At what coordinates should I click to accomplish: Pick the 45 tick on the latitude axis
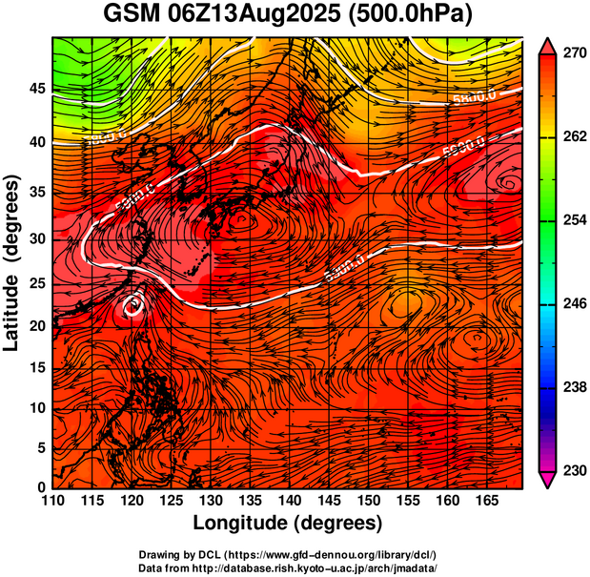(x=36, y=89)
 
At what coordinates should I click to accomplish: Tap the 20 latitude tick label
(x=36, y=325)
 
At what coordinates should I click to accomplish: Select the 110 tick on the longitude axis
(x=52, y=500)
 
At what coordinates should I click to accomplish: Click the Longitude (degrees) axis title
(x=288, y=524)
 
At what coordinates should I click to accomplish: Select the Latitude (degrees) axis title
(x=13, y=263)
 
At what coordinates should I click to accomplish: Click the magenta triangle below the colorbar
(x=548, y=480)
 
